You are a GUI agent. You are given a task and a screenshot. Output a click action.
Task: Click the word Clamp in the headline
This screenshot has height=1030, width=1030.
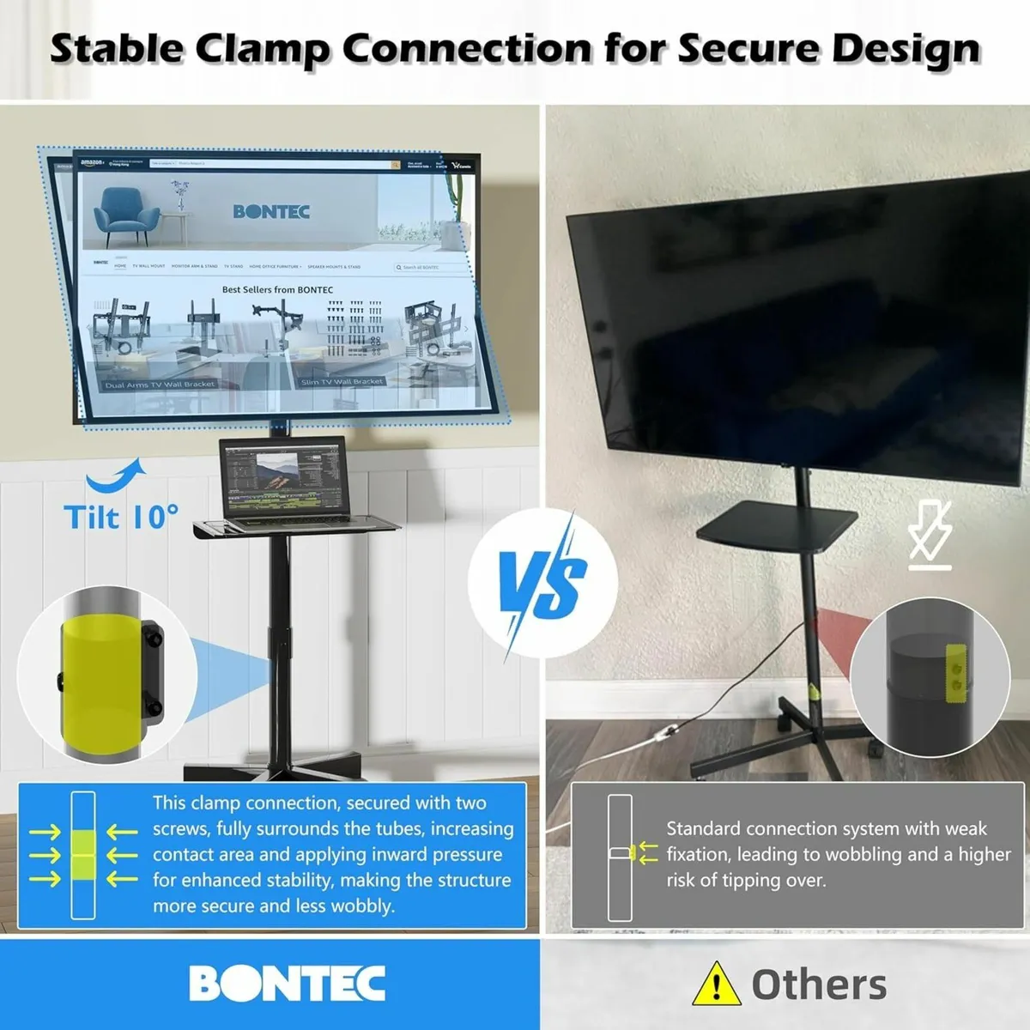261,50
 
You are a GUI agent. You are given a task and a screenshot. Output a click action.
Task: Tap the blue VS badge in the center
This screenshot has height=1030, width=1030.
542,583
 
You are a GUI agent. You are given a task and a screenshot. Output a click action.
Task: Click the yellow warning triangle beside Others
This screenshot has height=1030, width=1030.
716,984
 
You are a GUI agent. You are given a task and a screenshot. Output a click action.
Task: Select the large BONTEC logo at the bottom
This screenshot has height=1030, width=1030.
287,984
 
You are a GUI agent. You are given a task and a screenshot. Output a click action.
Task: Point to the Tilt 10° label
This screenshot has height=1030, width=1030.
121,517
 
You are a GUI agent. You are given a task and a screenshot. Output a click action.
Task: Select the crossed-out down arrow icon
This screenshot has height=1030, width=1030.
930,537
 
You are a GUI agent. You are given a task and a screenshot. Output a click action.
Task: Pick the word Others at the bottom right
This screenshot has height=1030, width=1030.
819,985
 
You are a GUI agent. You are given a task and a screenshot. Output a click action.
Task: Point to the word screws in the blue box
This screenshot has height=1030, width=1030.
181,828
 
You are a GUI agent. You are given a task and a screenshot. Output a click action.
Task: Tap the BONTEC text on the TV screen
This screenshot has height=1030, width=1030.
271,211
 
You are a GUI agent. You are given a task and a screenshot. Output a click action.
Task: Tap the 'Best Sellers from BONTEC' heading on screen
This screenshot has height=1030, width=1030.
277,290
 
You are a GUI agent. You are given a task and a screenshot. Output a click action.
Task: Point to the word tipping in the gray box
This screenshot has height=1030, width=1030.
750,880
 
